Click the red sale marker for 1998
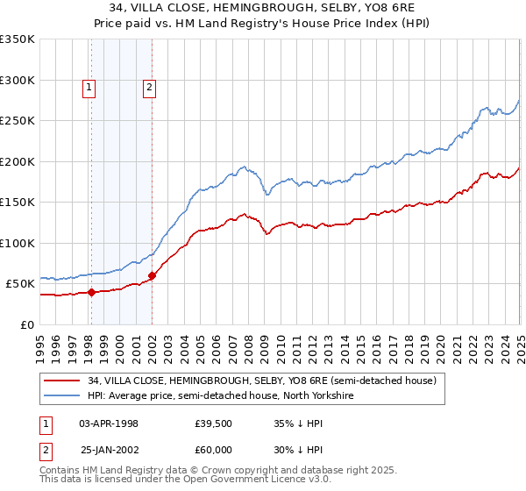coord(91,292)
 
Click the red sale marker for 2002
coord(152,275)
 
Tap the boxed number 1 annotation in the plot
coord(89,87)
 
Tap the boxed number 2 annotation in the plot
coord(150,87)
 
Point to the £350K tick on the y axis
coord(18,39)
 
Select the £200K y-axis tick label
coord(18,161)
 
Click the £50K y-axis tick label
coord(20,284)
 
